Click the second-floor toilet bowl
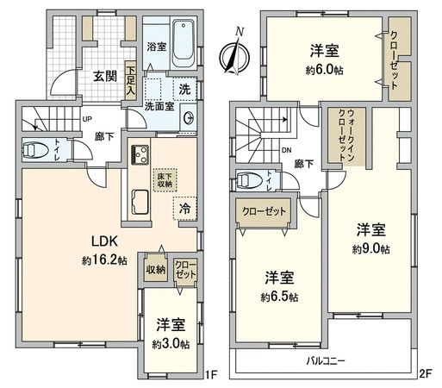(251, 181)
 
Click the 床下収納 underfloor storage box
(163, 178)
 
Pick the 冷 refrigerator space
(185, 208)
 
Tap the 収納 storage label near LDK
(156, 269)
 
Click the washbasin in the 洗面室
(188, 118)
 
